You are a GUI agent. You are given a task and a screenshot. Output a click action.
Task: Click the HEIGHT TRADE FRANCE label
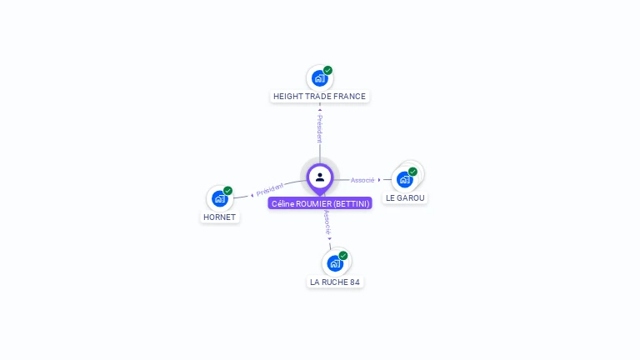coord(319,97)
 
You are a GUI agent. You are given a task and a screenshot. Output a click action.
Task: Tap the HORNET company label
coord(219,217)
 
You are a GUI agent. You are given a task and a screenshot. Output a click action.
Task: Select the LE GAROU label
coord(405,198)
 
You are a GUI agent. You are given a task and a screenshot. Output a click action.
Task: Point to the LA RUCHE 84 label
coord(335,282)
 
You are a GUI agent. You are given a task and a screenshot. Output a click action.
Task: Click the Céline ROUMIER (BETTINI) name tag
coord(320,203)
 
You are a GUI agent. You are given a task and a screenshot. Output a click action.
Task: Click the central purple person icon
coord(320,177)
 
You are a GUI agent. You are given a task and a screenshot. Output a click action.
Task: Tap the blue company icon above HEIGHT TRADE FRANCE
coord(319,78)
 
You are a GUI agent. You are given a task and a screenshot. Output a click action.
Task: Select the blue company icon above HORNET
coord(219,198)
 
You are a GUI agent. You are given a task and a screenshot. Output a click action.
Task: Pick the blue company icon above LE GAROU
coord(405,179)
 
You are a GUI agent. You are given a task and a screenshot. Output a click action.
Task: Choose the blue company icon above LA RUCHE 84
coord(334,263)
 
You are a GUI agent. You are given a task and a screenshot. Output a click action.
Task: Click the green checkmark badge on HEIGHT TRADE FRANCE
coord(328,70)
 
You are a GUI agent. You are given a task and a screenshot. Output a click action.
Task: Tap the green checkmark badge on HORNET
coord(227,191)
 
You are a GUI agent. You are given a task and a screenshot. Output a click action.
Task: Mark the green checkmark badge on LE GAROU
coord(412,172)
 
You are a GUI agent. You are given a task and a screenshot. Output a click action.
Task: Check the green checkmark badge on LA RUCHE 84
coord(343,256)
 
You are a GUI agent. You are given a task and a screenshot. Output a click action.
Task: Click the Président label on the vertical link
coord(319,128)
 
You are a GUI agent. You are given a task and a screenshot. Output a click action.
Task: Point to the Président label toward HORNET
coord(270,189)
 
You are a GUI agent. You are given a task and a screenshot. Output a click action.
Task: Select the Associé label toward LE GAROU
coord(362,180)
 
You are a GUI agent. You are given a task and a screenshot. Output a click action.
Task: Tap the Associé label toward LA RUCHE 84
coord(327,222)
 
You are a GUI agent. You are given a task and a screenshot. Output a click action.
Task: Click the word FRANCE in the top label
coord(349,97)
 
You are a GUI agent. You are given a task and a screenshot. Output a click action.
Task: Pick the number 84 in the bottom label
coord(355,282)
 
